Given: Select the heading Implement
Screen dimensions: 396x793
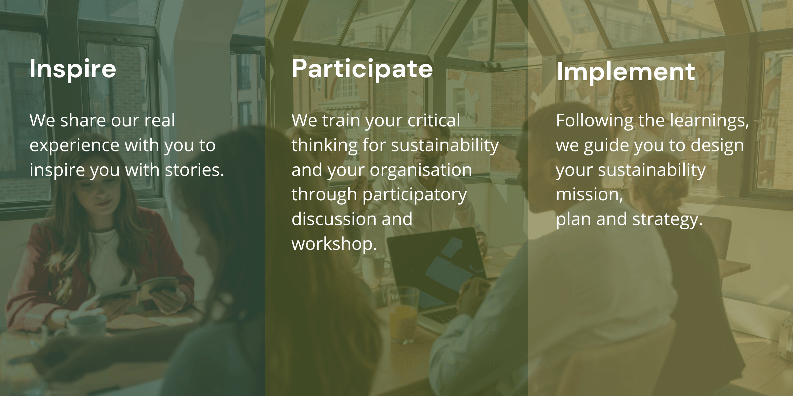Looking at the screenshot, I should [625, 72].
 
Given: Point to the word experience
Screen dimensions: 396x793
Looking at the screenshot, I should [74, 145].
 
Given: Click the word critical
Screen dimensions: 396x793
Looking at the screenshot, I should [434, 120].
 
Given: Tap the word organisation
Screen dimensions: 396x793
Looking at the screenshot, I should [421, 170].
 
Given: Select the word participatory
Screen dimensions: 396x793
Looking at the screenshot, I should [415, 195].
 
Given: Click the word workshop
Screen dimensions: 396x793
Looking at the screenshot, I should [334, 244].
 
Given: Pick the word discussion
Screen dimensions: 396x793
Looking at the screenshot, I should [334, 219].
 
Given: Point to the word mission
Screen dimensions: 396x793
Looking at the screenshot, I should [589, 195].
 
